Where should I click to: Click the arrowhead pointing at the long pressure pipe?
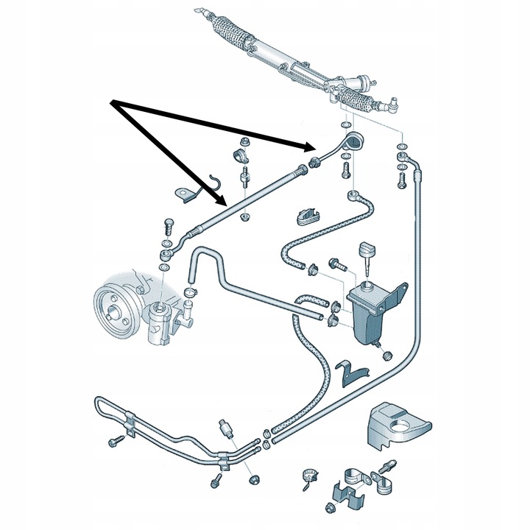tap(220, 201)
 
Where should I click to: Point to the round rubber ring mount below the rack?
tap(355, 141)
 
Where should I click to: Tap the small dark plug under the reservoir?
tap(385, 356)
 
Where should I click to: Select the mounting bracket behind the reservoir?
tap(397, 294)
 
